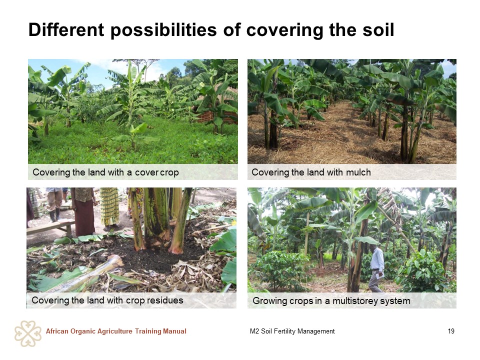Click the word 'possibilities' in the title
click(x=164, y=30)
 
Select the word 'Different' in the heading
click(x=66, y=29)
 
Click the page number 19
click(x=451, y=331)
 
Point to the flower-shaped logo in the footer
click(x=28, y=333)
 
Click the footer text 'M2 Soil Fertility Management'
click(x=292, y=331)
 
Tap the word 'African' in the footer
click(x=57, y=331)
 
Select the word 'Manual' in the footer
click(x=175, y=331)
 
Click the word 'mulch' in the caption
click(x=358, y=172)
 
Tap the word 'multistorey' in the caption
click(x=356, y=301)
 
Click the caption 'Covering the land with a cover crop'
click(x=105, y=172)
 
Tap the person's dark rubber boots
click(x=55, y=215)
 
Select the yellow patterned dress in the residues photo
click(x=109, y=206)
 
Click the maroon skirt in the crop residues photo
click(x=85, y=217)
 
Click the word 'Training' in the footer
click(x=148, y=331)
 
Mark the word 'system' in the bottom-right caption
click(x=396, y=301)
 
